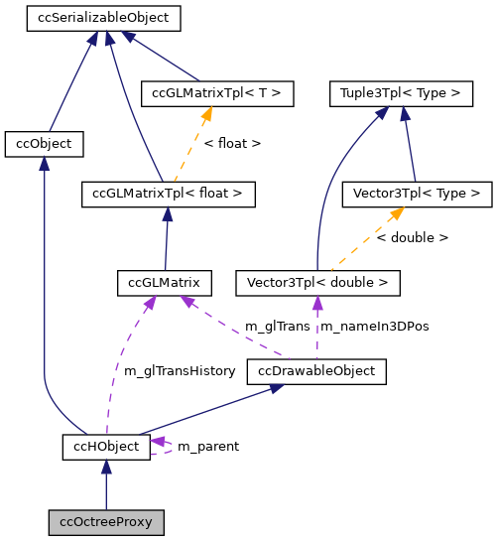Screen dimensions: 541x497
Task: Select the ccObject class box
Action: click(44, 144)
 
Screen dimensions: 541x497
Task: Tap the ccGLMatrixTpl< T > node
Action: click(217, 93)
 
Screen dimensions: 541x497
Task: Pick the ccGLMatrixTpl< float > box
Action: click(168, 194)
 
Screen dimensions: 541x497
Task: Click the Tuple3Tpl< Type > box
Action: click(401, 93)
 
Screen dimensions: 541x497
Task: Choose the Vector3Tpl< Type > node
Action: click(416, 194)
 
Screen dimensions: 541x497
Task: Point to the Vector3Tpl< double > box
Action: click(317, 283)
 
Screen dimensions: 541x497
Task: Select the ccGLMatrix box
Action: click(164, 283)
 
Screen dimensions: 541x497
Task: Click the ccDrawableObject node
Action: click(316, 371)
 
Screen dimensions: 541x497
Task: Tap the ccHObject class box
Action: click(106, 447)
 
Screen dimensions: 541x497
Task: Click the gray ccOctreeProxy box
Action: click(106, 521)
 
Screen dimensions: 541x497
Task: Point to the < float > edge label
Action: click(232, 144)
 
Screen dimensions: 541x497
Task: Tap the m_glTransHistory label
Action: click(180, 371)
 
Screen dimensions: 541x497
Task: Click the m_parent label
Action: click(207, 447)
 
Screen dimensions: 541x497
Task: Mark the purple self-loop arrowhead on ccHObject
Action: click(158, 441)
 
